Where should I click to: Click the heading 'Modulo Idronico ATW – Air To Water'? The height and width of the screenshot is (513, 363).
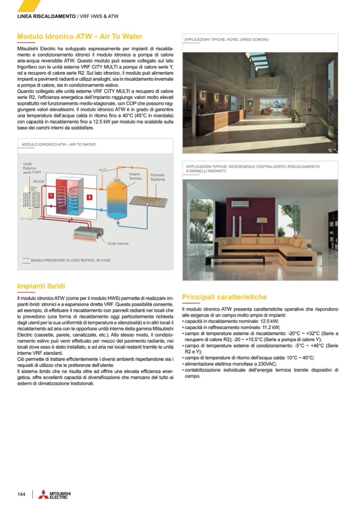pyautogui.click(x=80, y=36)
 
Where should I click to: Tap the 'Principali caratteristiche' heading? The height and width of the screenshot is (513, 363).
pyautogui.click(x=224, y=296)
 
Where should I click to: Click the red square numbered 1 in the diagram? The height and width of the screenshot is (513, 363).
pyautogui.click(x=51, y=196)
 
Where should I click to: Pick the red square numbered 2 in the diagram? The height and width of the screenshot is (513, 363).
pyautogui.click(x=89, y=197)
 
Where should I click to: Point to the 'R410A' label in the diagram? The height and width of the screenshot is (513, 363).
pyautogui.click(x=39, y=182)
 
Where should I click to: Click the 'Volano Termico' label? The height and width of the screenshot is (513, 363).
pyautogui.click(x=135, y=176)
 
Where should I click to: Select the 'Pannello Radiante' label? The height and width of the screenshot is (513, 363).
pyautogui.click(x=157, y=177)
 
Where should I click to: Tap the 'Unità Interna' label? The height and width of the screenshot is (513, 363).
pyautogui.click(x=118, y=243)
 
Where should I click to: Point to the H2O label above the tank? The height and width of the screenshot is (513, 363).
pyautogui.click(x=103, y=170)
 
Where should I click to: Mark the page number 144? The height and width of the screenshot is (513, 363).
pyautogui.click(x=21, y=494)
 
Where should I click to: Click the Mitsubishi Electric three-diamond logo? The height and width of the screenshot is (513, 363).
pyautogui.click(x=43, y=494)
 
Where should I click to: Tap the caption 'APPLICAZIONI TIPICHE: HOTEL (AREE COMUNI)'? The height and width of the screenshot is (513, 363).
pyautogui.click(x=226, y=40)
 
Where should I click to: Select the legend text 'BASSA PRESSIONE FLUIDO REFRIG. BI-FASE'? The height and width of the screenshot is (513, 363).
pyautogui.click(x=71, y=260)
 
